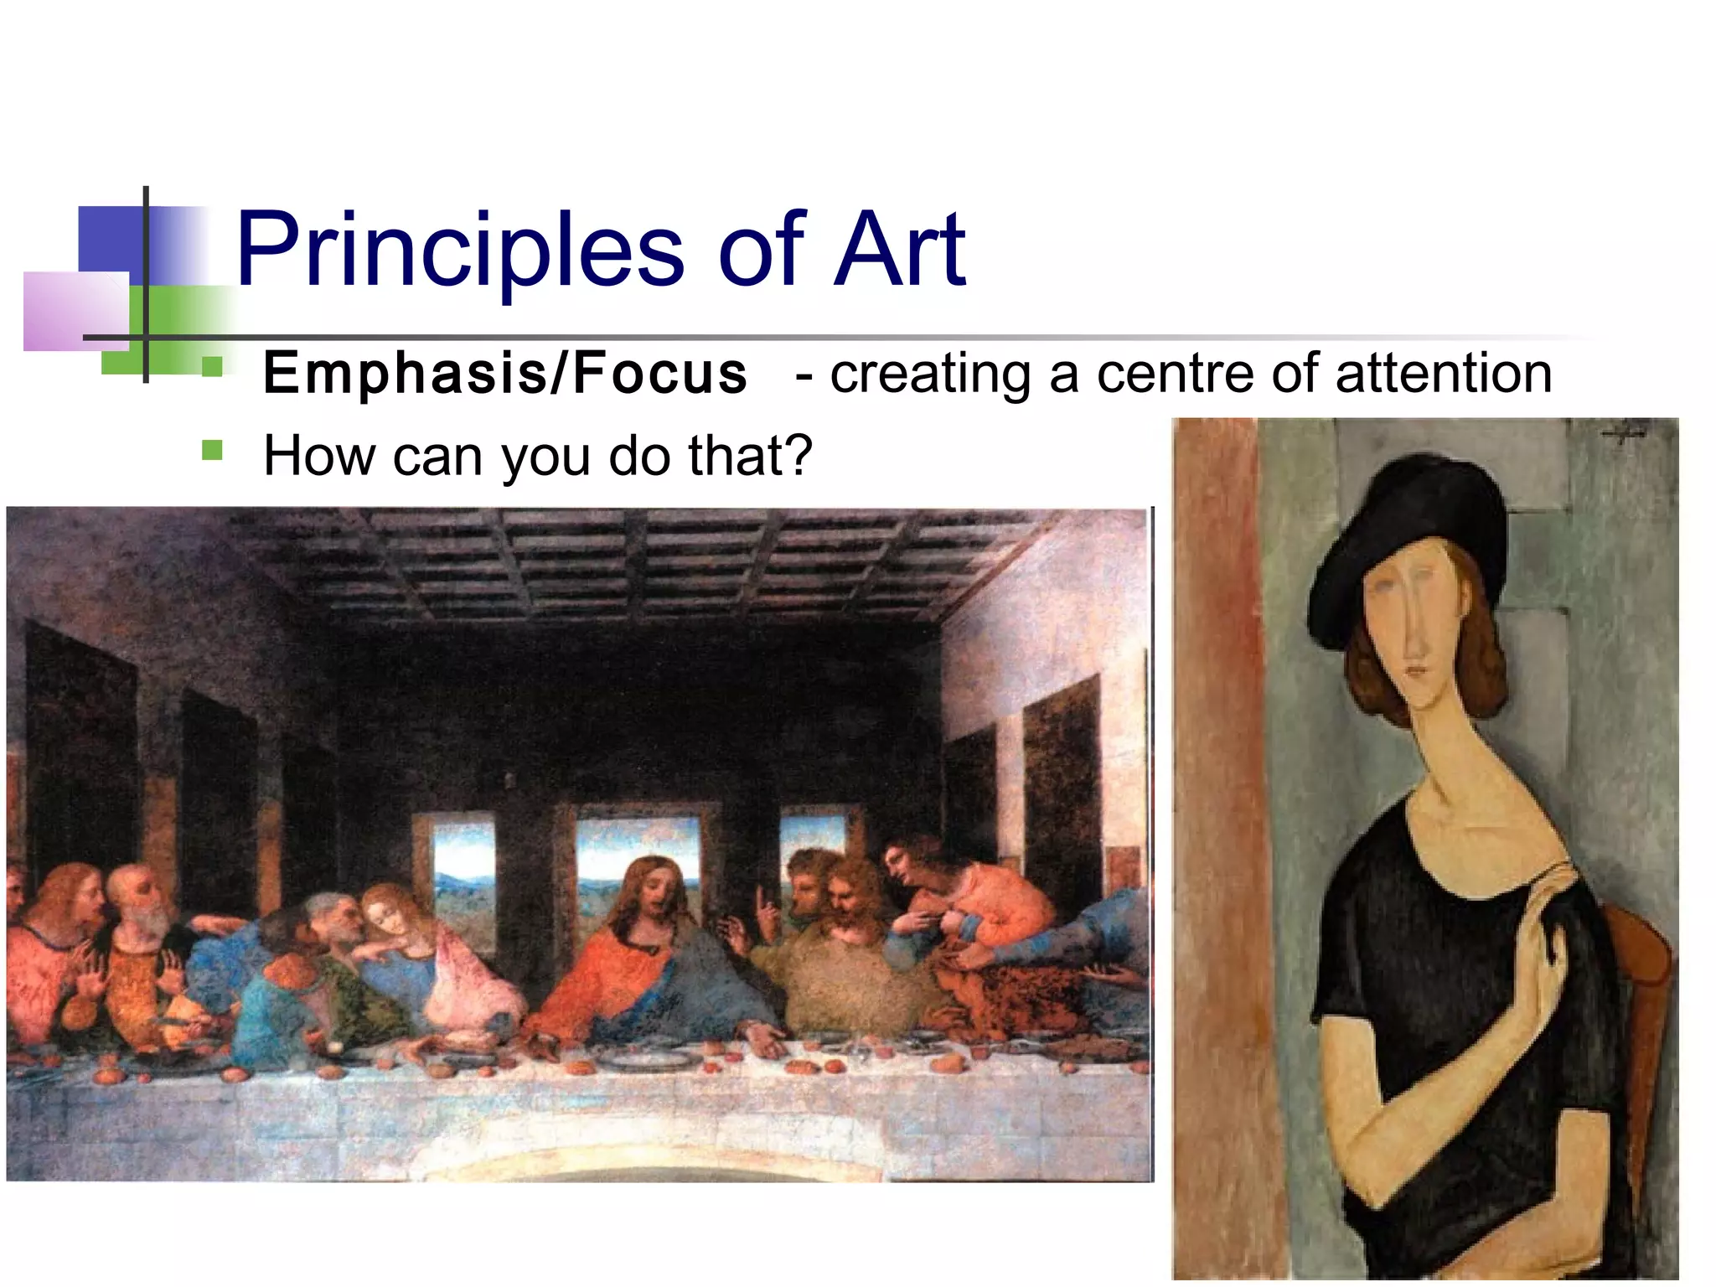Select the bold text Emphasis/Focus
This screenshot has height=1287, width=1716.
tap(504, 374)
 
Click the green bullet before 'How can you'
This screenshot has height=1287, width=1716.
tap(212, 451)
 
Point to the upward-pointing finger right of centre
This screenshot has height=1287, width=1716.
tap(762, 905)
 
